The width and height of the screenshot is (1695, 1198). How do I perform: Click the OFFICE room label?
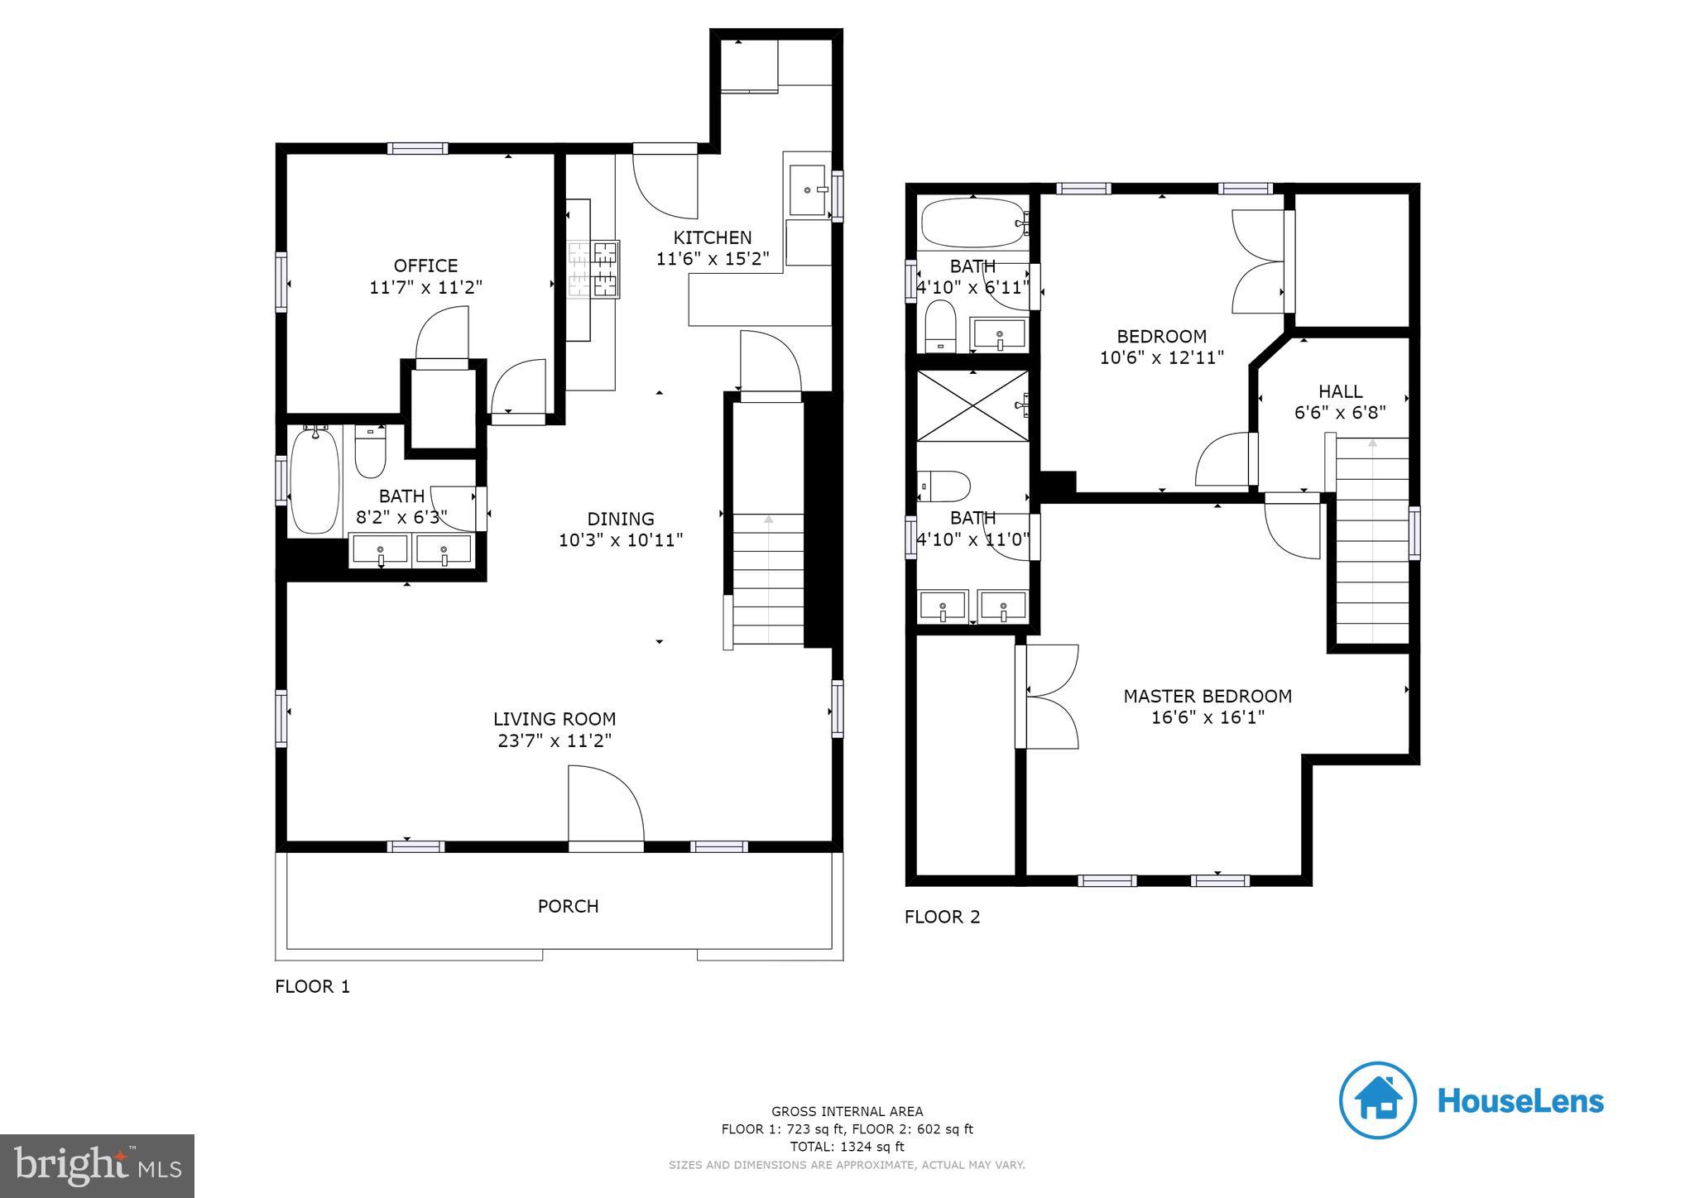point(425,266)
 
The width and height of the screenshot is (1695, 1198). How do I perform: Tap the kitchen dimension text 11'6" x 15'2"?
point(713,259)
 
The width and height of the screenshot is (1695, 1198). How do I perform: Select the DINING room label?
point(621,519)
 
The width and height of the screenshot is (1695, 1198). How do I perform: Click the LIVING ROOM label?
point(555,719)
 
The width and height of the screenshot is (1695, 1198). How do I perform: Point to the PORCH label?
point(568,906)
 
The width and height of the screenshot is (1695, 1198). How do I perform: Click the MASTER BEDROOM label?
point(1208,696)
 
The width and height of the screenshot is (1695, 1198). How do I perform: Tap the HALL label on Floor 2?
point(1340,391)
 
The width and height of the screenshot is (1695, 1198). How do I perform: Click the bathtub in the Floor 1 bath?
point(315,481)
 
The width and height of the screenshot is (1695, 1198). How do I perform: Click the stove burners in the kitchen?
point(593,269)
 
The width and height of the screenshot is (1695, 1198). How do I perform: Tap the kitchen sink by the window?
point(807,190)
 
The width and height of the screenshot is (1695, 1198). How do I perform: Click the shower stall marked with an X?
point(972,405)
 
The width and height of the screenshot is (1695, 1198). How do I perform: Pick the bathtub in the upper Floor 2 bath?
point(972,222)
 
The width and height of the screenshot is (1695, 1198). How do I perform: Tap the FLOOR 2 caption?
point(942,917)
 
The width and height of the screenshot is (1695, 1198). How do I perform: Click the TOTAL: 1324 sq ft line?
point(847,1147)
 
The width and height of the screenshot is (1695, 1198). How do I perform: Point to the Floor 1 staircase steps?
point(768,579)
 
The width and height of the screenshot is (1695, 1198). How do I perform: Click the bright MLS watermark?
point(97,1166)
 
